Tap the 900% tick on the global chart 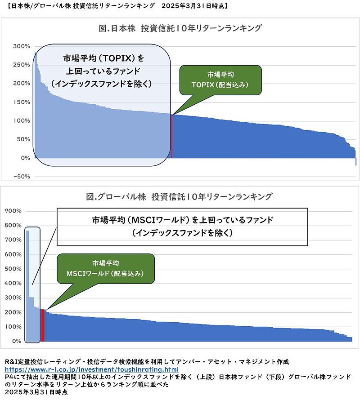(x=13, y=211)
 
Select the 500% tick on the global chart (x=13, y=269)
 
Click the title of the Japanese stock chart (x=180, y=28)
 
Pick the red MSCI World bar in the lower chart (x=43, y=325)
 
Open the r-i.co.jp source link (x=88, y=369)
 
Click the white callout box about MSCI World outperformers (x=182, y=227)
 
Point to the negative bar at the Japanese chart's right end (x=355, y=162)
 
